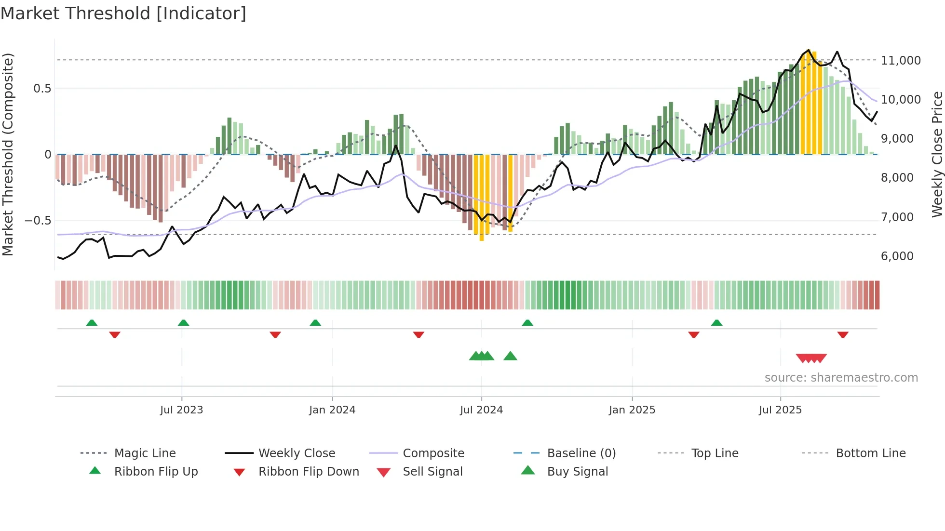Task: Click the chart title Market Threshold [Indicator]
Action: (x=123, y=13)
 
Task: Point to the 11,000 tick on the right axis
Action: (x=901, y=61)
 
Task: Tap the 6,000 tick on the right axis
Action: (x=897, y=256)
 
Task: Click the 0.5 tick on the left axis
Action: (x=42, y=89)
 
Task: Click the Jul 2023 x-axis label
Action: (x=181, y=410)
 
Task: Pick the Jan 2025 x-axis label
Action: (x=632, y=410)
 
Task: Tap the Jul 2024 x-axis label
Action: (x=481, y=410)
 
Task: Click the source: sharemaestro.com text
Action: (x=841, y=378)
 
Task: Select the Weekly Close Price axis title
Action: (x=937, y=154)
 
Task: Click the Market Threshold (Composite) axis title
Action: (x=8, y=154)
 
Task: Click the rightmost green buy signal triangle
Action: (x=510, y=356)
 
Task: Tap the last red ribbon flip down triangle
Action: (x=843, y=334)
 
